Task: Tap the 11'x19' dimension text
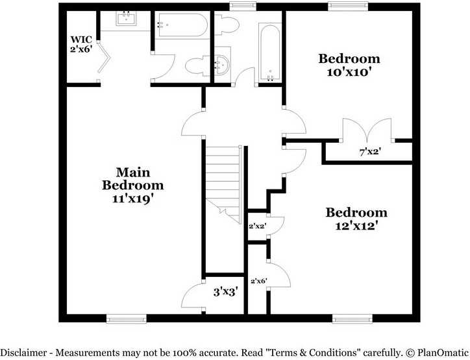point(132,199)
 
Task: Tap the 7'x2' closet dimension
point(370,152)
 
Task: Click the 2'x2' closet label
point(257,226)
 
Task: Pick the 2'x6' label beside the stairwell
point(258,281)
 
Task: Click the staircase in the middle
point(223,182)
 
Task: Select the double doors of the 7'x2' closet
point(368,130)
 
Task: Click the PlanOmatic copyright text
point(434,352)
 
